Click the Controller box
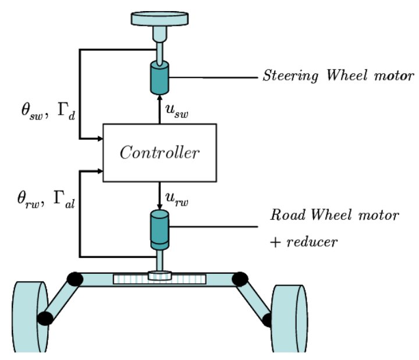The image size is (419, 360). [x=159, y=153]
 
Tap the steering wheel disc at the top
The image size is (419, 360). [x=159, y=19]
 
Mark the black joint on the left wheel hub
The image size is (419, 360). [x=44, y=318]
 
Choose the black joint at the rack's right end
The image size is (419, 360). [x=240, y=278]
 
